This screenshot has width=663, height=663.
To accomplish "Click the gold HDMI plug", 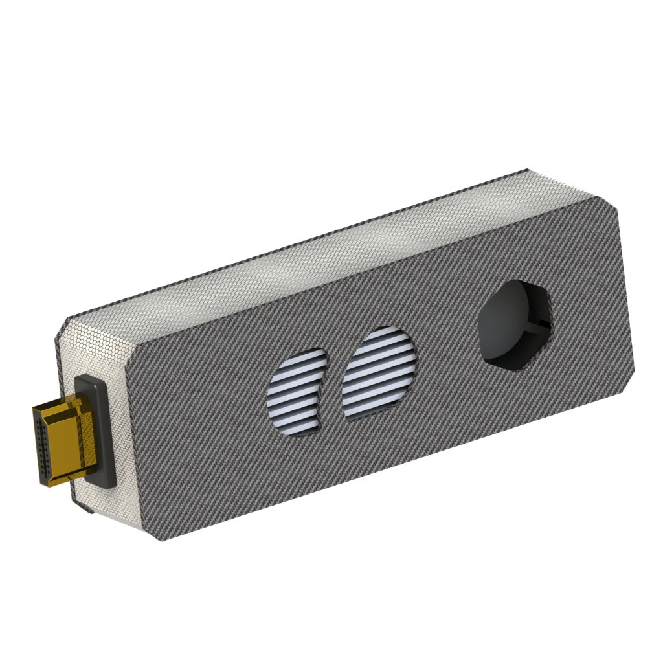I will point(65,440).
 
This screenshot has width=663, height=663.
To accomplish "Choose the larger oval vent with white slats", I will point(379,372).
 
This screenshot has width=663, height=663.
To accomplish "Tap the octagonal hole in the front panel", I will point(515,324).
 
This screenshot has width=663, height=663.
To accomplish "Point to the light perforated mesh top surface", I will point(324,259).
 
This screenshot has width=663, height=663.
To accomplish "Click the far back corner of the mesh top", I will point(528,171).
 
